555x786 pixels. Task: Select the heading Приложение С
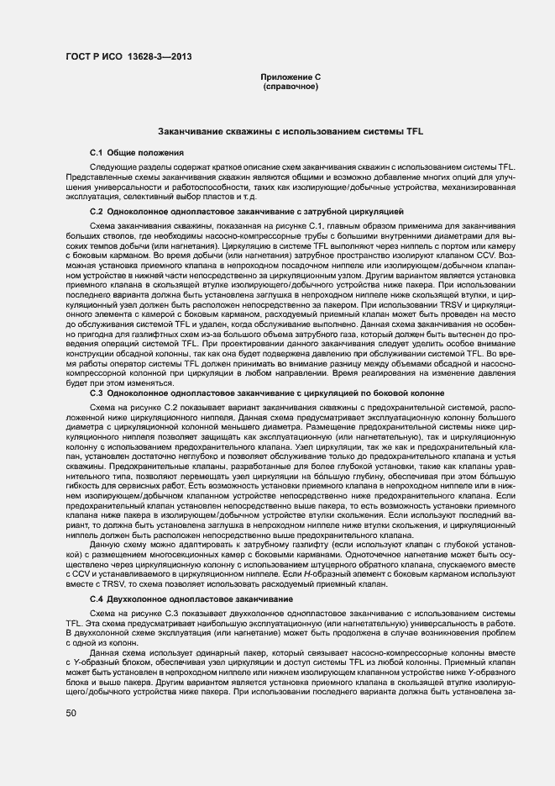(291, 76)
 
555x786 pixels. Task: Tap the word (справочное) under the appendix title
(291, 87)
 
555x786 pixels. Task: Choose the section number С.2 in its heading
(97, 211)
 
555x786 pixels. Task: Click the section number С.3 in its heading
(97, 393)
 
